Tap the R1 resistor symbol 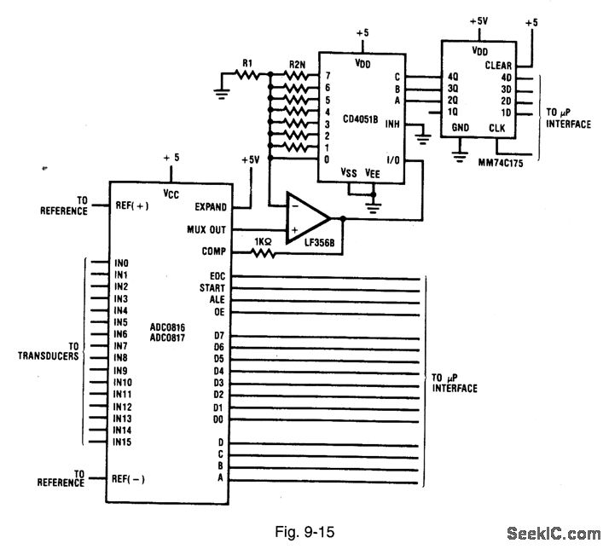click(246, 74)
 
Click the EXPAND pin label click(212, 206)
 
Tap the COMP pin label click(213, 251)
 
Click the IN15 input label click(123, 442)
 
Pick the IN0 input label click(120, 263)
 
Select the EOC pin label click(217, 276)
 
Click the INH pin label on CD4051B click(393, 124)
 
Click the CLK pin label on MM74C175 click(497, 129)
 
